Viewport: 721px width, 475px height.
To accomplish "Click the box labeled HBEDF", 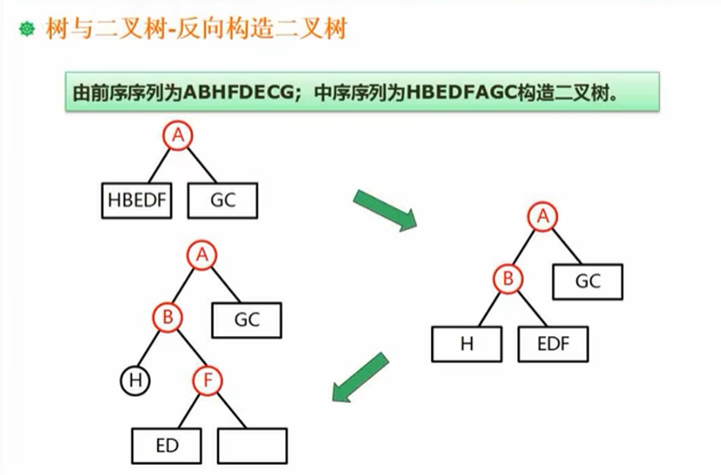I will (x=137, y=201).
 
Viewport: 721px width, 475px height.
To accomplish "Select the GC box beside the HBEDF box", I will (x=222, y=201).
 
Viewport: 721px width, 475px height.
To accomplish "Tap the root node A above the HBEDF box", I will (x=177, y=135).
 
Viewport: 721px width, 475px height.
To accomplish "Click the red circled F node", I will (x=207, y=381).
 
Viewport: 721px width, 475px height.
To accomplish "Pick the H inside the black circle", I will (x=134, y=381).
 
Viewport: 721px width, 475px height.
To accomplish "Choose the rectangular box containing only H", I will (x=467, y=344).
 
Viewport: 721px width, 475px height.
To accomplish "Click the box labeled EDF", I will (x=553, y=344).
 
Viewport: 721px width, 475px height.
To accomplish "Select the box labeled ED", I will (x=167, y=446).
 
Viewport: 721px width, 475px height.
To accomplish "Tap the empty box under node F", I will (x=252, y=446).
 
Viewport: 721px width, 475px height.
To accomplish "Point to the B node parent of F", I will (x=167, y=318).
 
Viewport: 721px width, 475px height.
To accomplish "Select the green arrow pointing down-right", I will (x=385, y=210).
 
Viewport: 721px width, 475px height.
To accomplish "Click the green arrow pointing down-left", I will (x=360, y=376).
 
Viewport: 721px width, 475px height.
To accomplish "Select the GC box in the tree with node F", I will (x=247, y=319).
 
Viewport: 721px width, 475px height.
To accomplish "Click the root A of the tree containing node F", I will (x=201, y=255).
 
